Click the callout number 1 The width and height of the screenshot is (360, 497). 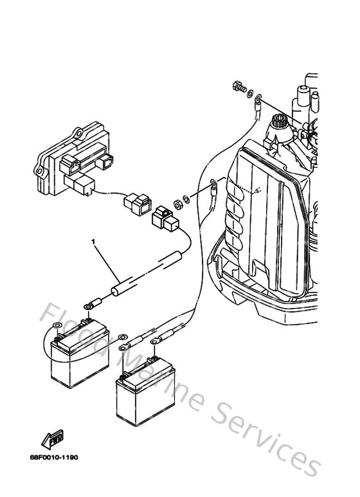tap(94, 242)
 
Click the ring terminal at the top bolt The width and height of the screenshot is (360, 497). tap(258, 100)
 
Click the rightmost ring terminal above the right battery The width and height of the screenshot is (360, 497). tap(154, 352)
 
